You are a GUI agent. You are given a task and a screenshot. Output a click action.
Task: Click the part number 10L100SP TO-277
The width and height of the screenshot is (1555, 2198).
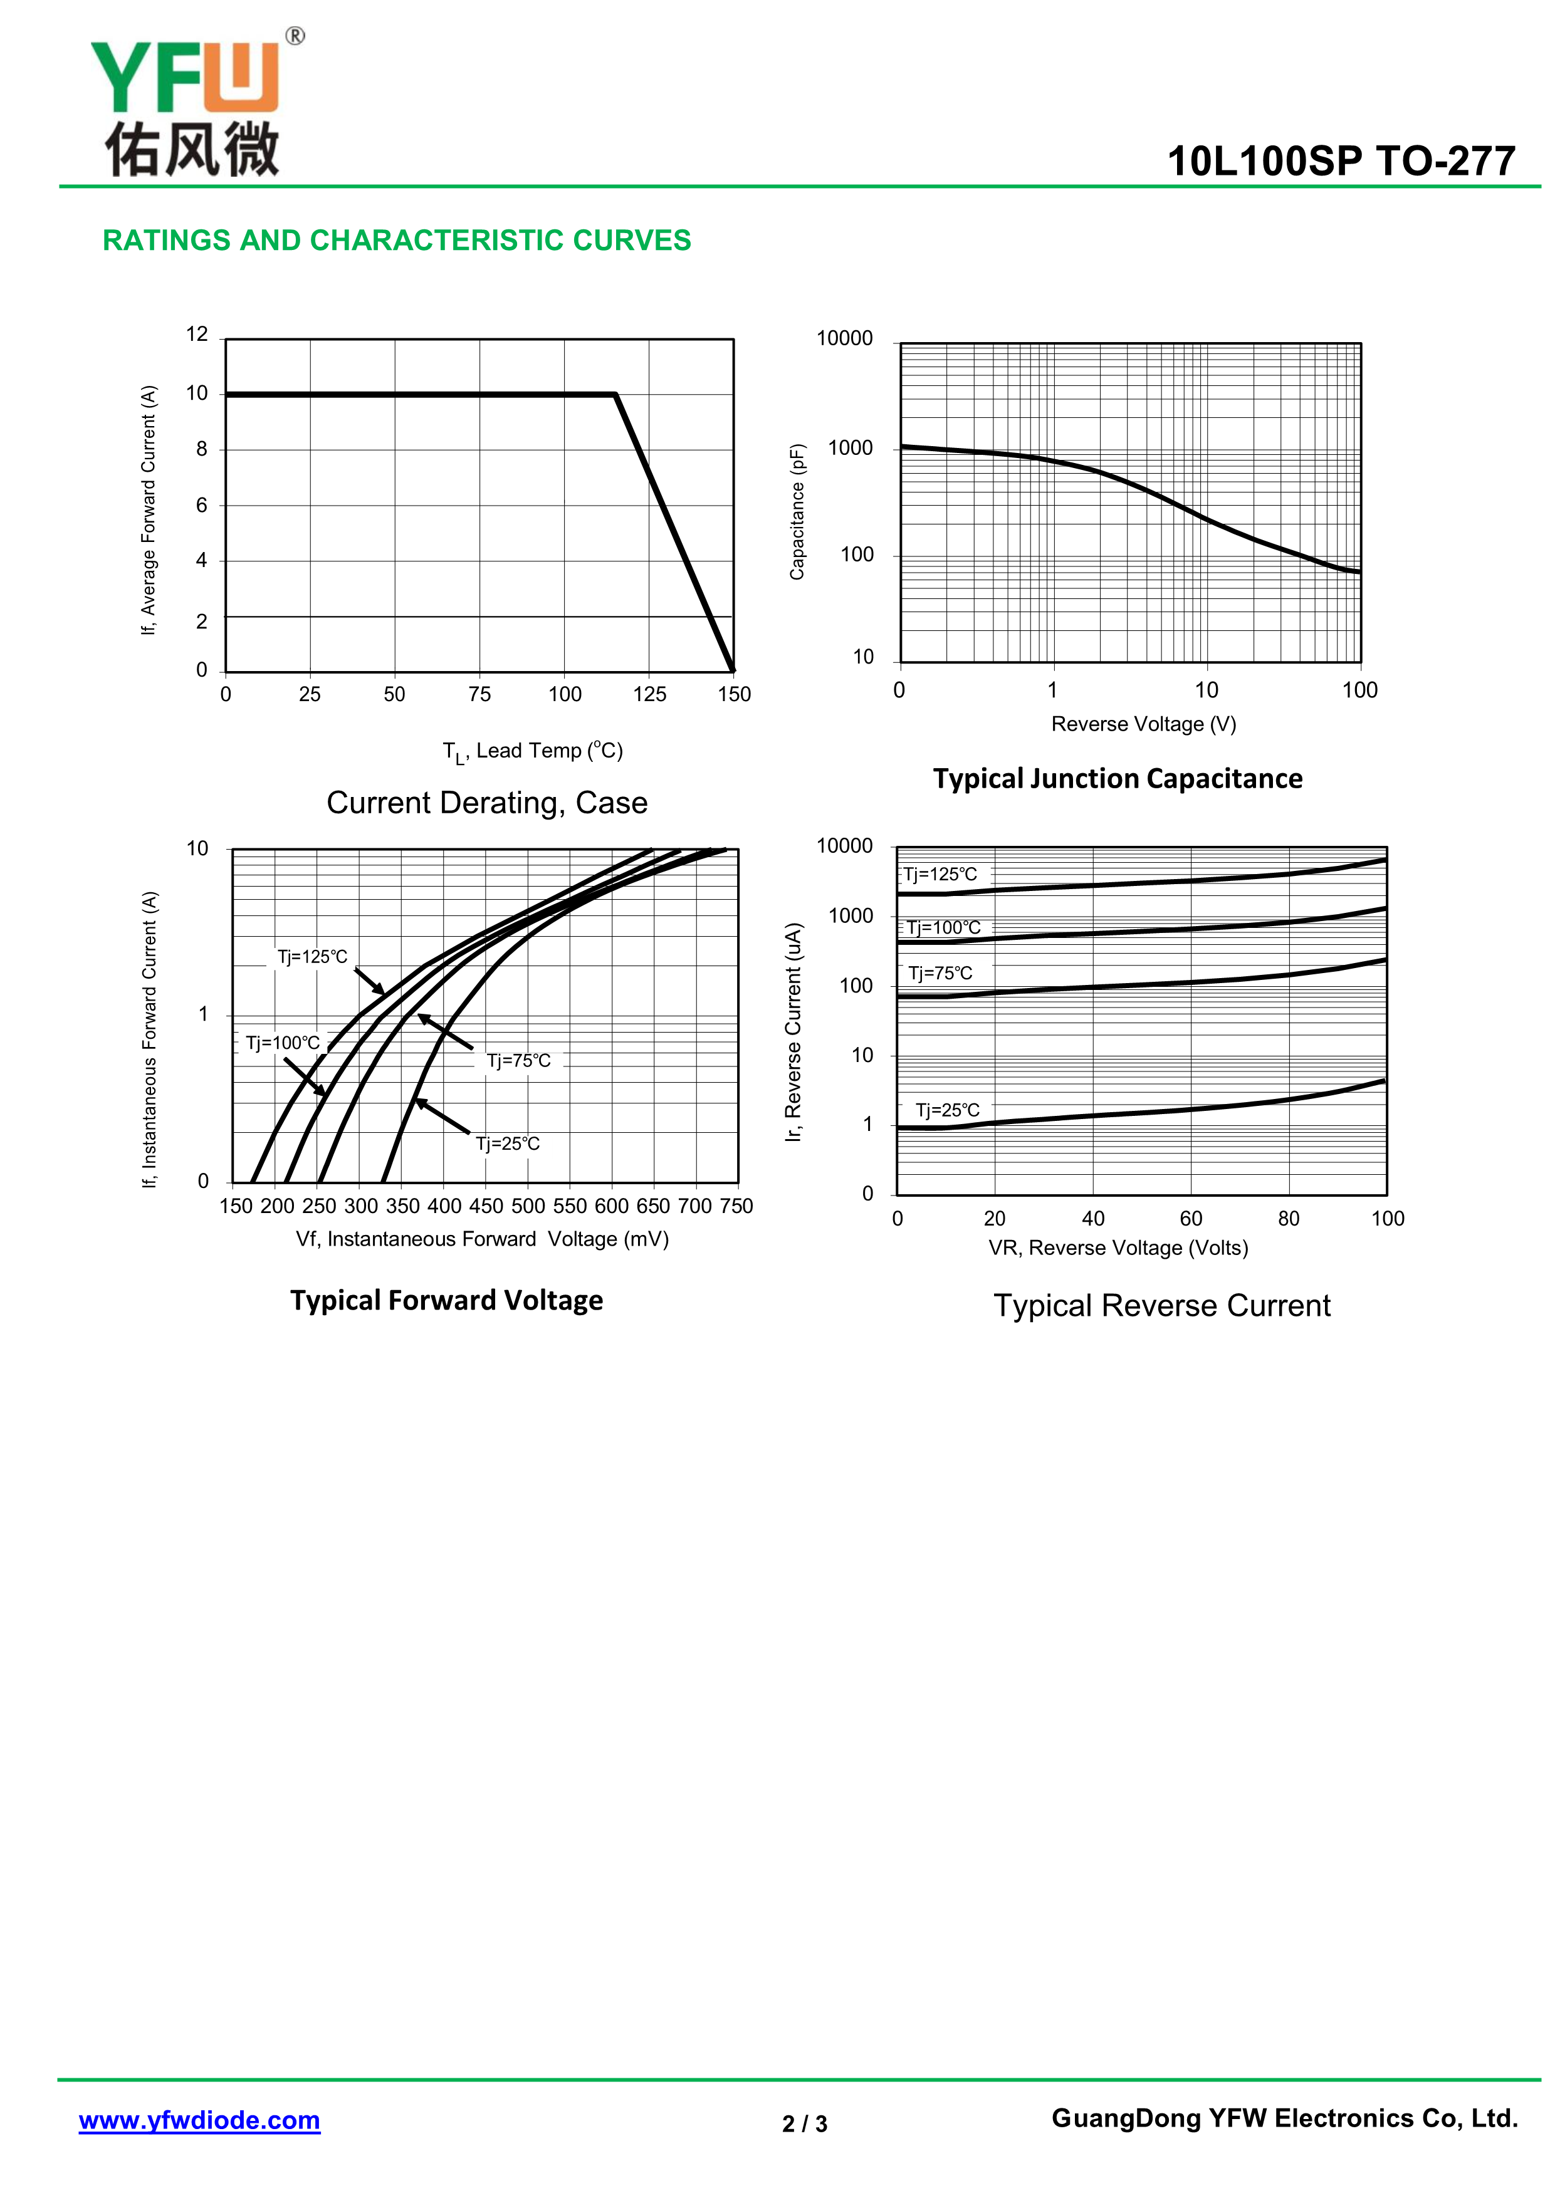click(x=1341, y=161)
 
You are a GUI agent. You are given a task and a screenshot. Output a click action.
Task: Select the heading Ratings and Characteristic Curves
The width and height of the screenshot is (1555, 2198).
click(x=396, y=240)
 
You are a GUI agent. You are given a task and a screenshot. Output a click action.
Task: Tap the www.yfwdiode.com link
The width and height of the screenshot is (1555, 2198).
click(x=199, y=2120)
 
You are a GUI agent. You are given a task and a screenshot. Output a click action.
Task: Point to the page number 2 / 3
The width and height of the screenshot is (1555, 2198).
click(x=804, y=2123)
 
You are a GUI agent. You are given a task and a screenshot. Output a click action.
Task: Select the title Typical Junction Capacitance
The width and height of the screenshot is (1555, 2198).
click(x=1118, y=778)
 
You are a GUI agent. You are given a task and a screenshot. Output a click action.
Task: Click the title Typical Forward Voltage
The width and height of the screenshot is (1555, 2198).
click(x=446, y=1300)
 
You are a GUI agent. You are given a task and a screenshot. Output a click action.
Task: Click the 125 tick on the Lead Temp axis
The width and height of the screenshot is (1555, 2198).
click(x=649, y=694)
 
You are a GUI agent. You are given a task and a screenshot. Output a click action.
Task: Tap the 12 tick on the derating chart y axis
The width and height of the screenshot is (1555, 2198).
click(x=197, y=334)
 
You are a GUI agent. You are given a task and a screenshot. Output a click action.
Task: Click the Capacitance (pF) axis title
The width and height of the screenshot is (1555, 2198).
click(x=797, y=511)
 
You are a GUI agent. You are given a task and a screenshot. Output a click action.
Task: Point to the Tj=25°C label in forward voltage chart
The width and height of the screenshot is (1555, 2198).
click(x=508, y=1143)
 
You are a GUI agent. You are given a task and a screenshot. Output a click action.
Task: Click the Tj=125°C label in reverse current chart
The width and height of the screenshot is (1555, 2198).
click(x=940, y=874)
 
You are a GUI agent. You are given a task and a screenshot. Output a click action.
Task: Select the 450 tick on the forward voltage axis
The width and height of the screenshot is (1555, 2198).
click(x=486, y=1206)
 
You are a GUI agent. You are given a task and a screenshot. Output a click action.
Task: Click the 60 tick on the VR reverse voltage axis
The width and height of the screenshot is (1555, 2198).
click(x=1190, y=1219)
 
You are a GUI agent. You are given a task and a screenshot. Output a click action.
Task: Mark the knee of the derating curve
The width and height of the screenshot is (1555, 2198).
click(x=615, y=394)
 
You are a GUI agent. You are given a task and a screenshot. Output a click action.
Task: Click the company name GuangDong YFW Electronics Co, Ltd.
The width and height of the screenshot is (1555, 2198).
click(x=1284, y=2118)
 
